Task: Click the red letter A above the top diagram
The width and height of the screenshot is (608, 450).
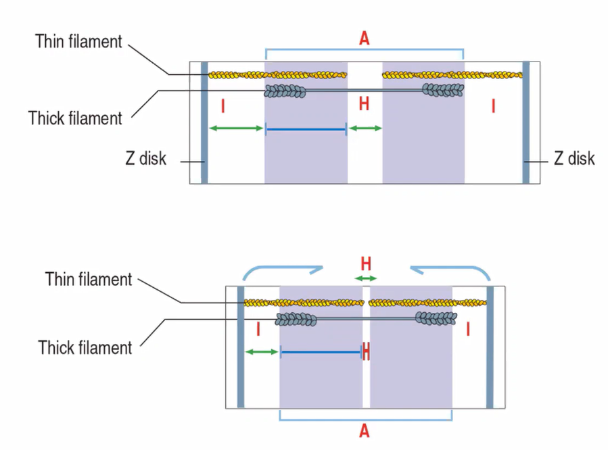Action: tap(364, 39)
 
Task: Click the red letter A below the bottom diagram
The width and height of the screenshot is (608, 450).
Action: tap(365, 430)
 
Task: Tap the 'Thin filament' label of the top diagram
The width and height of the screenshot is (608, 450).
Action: tap(78, 42)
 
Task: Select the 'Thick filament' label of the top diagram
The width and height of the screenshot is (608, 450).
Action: tap(75, 118)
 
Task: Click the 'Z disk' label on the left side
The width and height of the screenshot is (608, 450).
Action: tap(145, 159)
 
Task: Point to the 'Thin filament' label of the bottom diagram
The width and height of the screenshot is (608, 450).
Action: tap(89, 279)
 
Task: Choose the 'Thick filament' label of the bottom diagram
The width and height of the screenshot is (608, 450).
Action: tap(85, 348)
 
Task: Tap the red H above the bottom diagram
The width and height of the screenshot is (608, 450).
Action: tap(366, 263)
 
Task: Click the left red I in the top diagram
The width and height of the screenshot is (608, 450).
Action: tap(223, 105)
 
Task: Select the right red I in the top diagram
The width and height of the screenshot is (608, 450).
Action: tap(493, 105)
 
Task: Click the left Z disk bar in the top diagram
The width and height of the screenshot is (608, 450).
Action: tap(204, 122)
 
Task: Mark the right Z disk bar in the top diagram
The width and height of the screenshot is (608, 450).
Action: tap(525, 122)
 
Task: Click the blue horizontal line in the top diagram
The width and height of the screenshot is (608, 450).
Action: tap(306, 129)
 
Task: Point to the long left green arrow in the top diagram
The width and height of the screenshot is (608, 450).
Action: tap(236, 128)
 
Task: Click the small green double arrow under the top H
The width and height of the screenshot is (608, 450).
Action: tap(365, 128)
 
